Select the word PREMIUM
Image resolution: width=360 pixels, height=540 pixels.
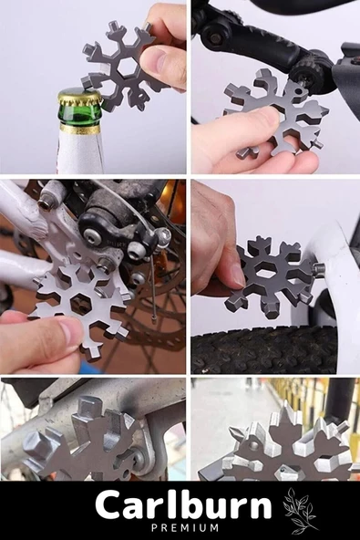pos(185,527)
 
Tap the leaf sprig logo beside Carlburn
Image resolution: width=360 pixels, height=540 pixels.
pos(299,510)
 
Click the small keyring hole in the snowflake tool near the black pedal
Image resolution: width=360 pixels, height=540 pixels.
pos(298,91)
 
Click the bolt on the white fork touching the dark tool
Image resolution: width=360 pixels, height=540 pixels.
pos(319,268)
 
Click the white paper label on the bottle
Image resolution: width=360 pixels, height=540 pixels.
pos(80,151)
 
